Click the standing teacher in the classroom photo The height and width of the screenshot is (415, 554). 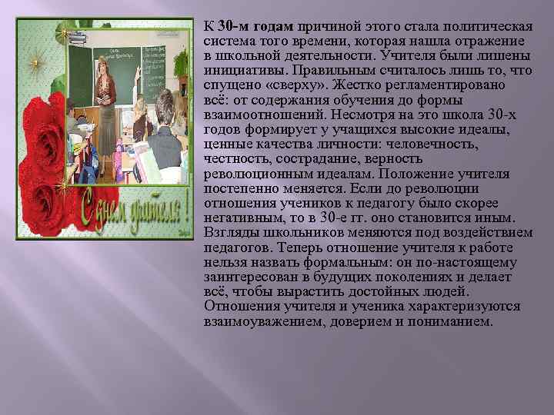[x=105, y=85]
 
